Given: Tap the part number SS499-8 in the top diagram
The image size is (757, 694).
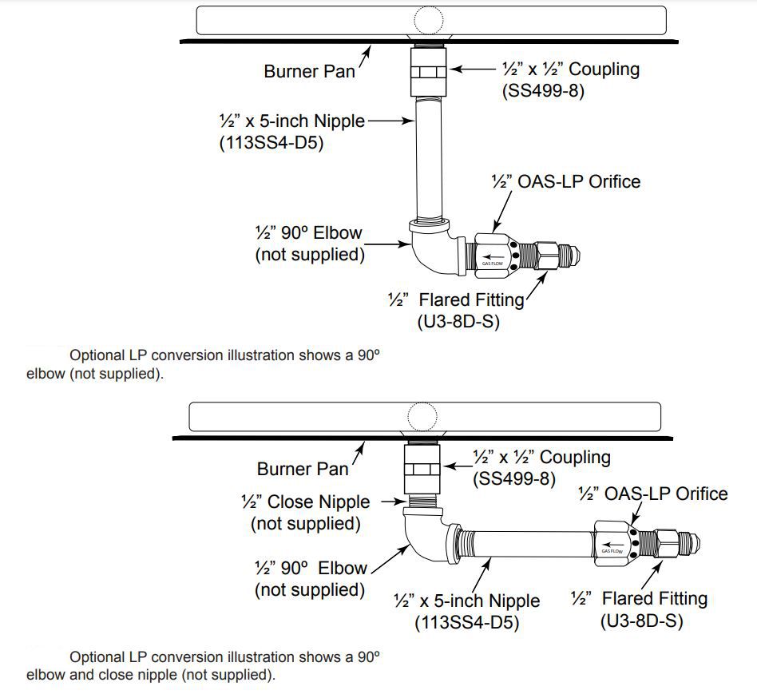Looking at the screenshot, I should click(543, 91).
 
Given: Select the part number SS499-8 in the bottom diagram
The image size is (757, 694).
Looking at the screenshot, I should click(514, 479).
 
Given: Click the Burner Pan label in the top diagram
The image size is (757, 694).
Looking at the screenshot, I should click(309, 71).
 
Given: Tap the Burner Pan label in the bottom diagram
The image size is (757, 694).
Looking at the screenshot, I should click(303, 469).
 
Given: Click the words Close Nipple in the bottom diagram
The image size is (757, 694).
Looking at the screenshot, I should click(319, 502).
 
